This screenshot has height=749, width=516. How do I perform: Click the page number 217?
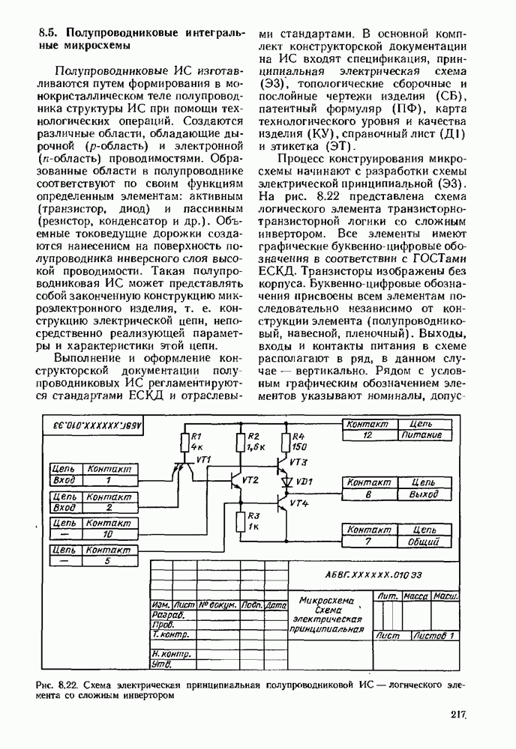pos(459,715)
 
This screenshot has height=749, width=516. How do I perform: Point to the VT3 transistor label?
pos(298,461)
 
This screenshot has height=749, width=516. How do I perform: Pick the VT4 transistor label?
pos(298,503)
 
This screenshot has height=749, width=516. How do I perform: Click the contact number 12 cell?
pos(367,434)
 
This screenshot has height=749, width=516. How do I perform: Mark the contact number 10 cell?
pos(108,534)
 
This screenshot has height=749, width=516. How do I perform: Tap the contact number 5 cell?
pos(108,560)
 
